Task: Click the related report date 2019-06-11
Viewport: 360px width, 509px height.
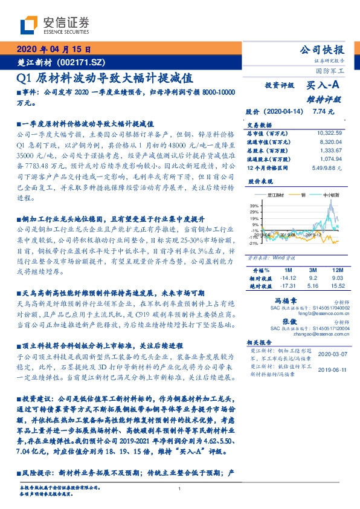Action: tap(330, 371)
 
